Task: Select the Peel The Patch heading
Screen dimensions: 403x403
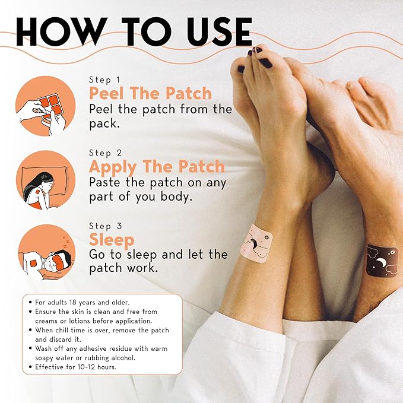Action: click(x=150, y=94)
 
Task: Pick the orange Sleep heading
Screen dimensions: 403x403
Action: click(x=112, y=240)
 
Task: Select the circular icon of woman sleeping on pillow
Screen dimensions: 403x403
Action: click(x=47, y=180)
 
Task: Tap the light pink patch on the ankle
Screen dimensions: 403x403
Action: click(x=256, y=240)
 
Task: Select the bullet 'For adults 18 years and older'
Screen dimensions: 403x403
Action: click(x=80, y=303)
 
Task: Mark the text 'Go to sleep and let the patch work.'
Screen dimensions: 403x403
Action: click(x=158, y=262)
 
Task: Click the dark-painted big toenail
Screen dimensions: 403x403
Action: click(x=265, y=62)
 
